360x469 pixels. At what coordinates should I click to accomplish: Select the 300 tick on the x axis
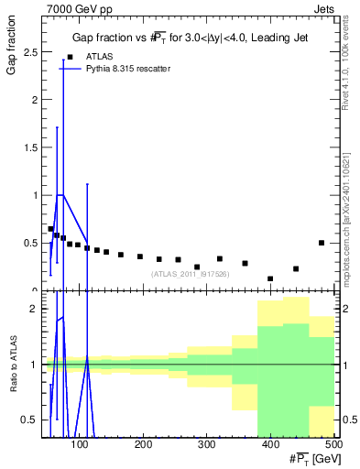207,445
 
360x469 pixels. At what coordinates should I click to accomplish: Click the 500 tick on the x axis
333,445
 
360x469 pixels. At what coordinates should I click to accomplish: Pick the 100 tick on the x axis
81,445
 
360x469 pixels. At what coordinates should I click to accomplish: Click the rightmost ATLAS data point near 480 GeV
321,243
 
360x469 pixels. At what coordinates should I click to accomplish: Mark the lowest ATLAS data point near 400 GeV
270,278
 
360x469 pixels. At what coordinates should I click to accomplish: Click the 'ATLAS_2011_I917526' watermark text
189,273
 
